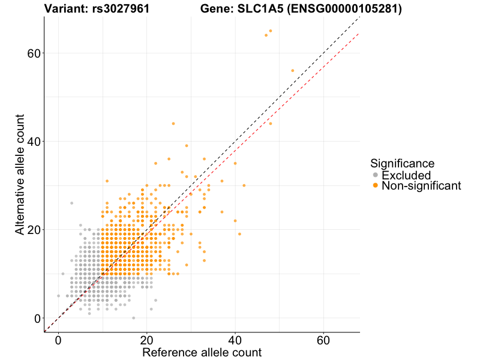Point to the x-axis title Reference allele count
pyautogui.click(x=202, y=352)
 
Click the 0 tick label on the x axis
pyautogui.click(x=58, y=339)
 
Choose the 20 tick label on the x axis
pyautogui.click(x=146, y=339)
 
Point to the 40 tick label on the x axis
pyautogui.click(x=235, y=339)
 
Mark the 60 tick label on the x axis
pyautogui.click(x=324, y=339)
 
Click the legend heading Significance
pyautogui.click(x=402, y=163)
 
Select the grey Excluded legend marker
pyautogui.click(x=376, y=175)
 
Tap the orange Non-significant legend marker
pyautogui.click(x=376, y=186)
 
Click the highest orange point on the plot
pyautogui.click(x=271, y=31)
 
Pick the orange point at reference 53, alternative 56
pyautogui.click(x=293, y=70)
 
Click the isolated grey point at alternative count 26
pyautogui.click(x=71, y=203)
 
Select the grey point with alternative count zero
pyautogui.click(x=133, y=318)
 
